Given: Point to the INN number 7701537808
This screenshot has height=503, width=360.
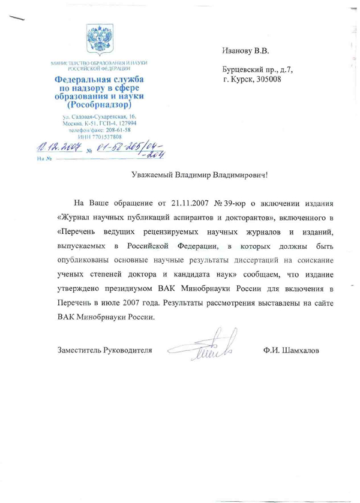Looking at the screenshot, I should click(106, 135).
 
